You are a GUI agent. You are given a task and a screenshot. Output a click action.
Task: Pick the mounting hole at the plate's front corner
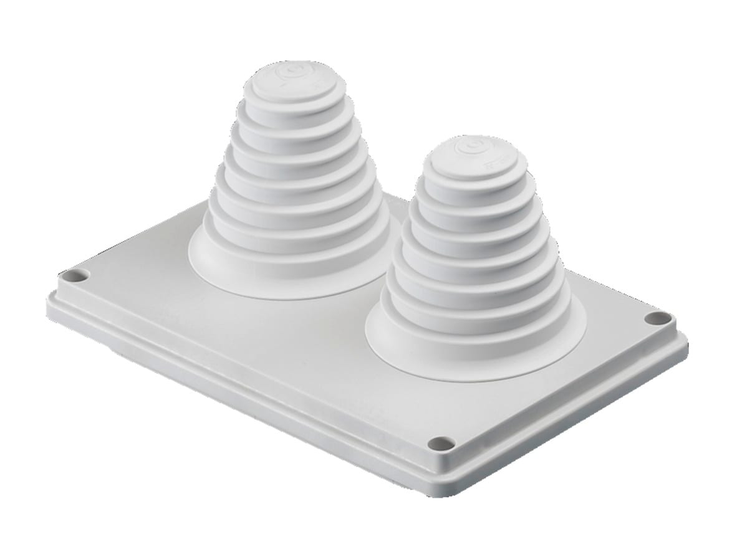point(441,444)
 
